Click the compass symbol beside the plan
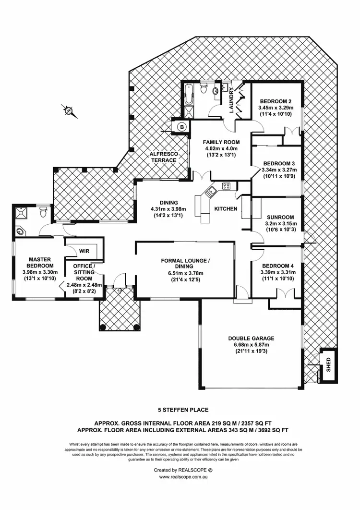click(70, 111)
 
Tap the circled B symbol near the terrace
click(182, 127)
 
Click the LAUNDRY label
click(231, 100)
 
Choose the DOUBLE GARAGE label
click(251, 338)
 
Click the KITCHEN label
click(225, 209)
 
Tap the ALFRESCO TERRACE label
click(164, 157)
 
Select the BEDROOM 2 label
click(276, 101)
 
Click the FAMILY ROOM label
click(221, 142)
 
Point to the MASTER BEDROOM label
click(40, 263)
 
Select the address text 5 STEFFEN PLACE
click(183, 410)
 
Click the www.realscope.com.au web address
click(183, 477)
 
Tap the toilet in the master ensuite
click(44, 209)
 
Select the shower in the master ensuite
click(22, 211)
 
